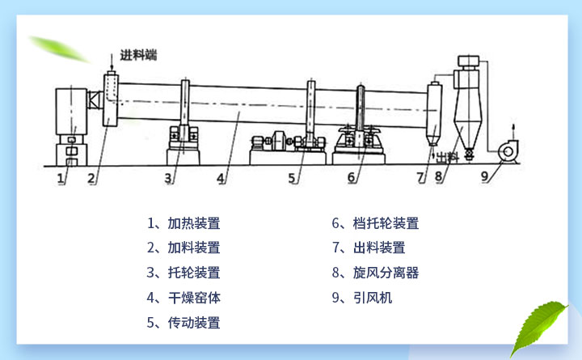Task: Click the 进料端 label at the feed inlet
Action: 138,55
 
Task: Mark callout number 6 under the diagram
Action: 352,176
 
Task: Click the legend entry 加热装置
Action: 183,224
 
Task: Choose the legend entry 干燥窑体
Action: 183,298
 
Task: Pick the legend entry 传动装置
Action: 183,322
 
